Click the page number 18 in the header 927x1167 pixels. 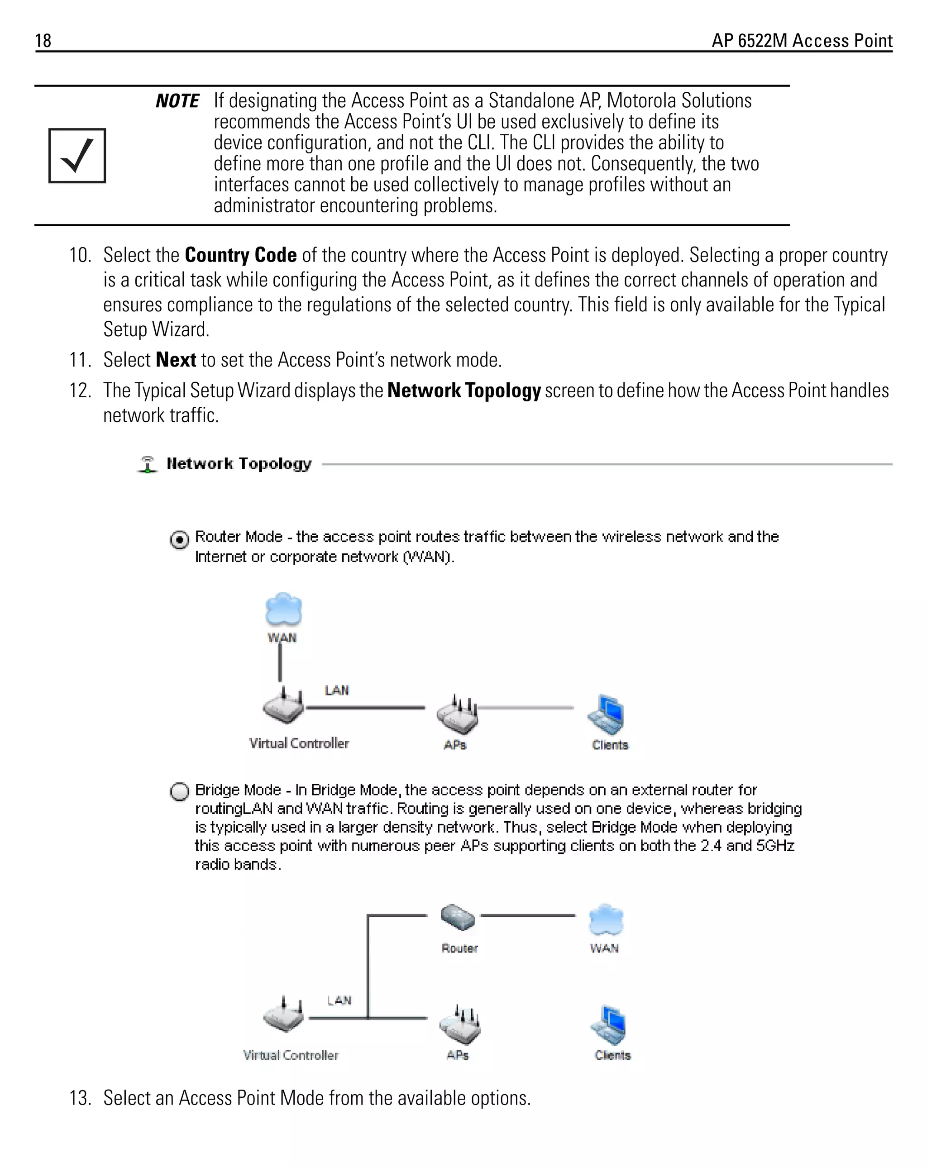43,41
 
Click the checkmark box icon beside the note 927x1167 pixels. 77,156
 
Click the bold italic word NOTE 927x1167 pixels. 177,101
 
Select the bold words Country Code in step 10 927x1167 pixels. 240,255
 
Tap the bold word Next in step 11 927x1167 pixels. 176,360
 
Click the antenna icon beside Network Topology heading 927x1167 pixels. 147,464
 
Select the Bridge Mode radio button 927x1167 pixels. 180,791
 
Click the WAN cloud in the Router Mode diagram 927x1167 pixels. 283,609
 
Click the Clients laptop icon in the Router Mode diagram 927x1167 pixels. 607,714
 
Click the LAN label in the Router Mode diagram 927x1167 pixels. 337,690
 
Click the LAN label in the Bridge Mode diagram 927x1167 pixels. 339,1000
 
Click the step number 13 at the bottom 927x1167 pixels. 80,1098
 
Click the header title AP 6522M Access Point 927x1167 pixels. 801,41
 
